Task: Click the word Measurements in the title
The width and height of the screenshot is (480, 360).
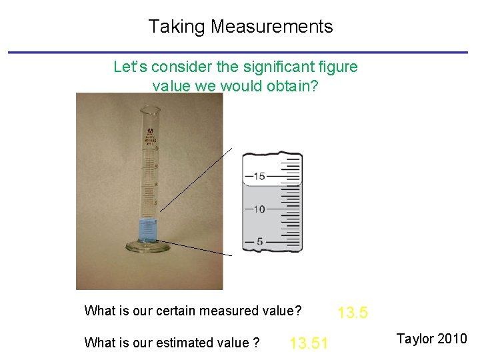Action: (271, 27)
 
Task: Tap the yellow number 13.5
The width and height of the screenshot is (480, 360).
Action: (353, 312)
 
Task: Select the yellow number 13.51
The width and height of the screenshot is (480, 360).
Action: (309, 344)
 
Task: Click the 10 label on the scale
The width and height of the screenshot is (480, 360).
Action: (259, 209)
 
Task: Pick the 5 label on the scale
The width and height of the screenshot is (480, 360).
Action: (259, 241)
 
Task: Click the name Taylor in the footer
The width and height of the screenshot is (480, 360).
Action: (417, 339)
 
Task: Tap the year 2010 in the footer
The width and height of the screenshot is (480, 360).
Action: (454, 339)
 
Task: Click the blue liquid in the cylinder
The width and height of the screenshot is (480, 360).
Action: (148, 231)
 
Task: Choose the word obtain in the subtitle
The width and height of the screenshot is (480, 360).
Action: (293, 86)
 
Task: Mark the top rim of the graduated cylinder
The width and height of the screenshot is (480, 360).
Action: (150, 109)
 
